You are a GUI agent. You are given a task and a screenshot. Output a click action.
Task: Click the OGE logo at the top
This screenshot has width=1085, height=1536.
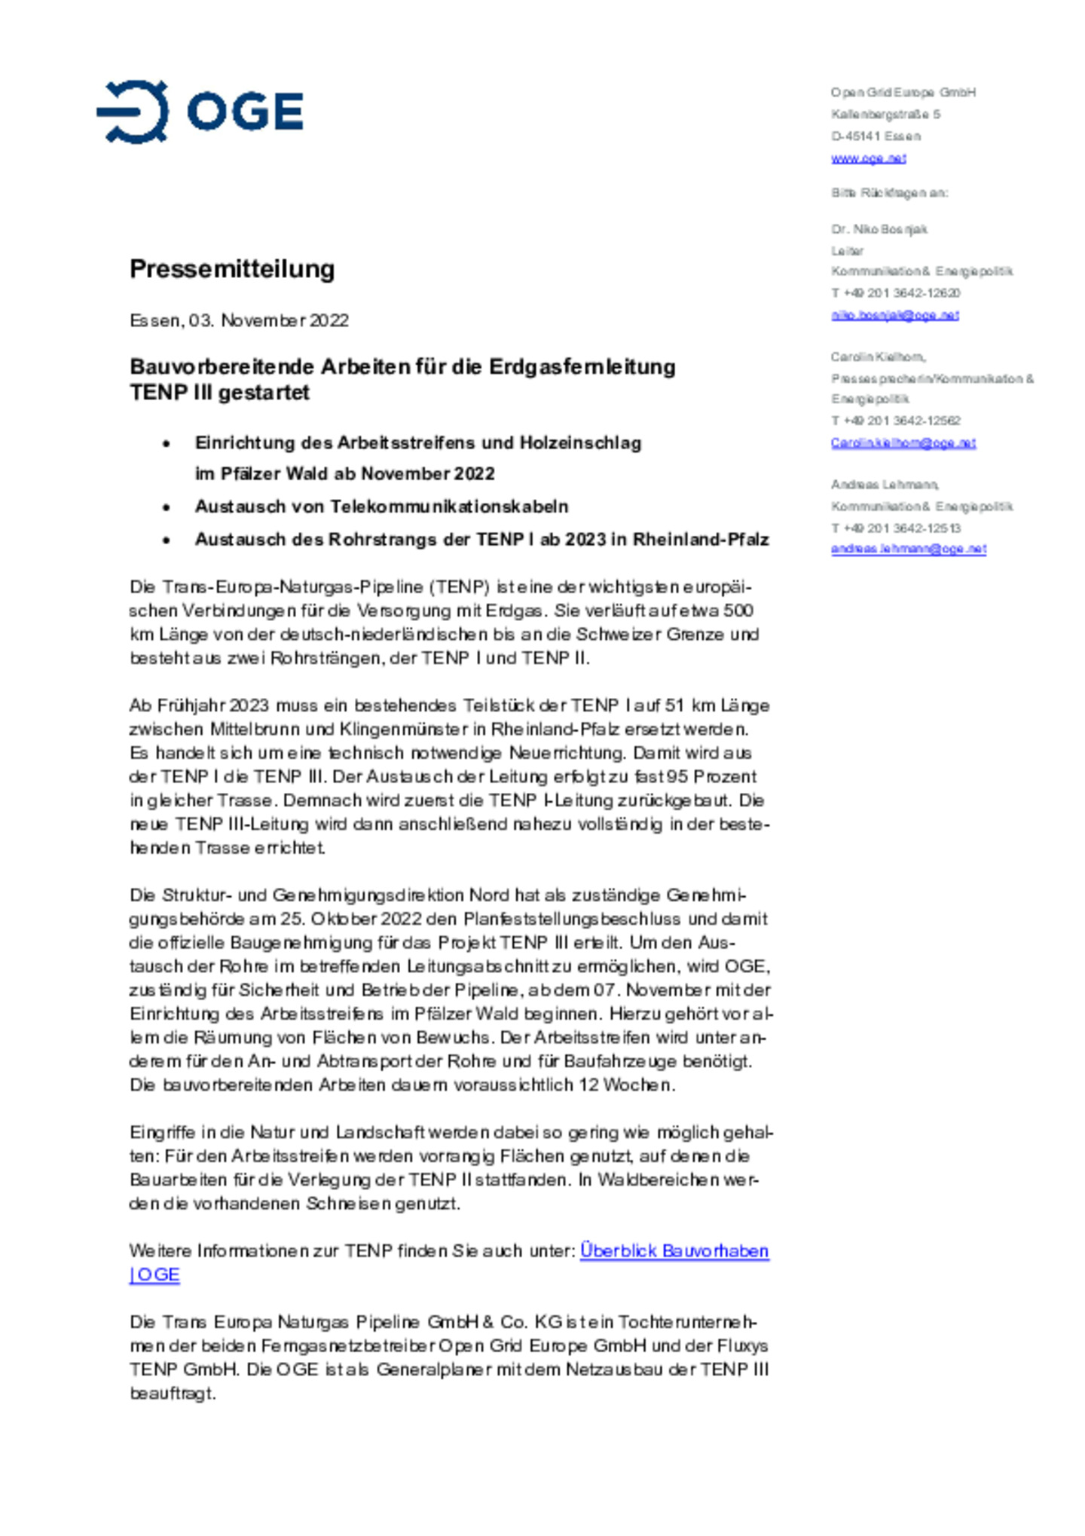pyautogui.click(x=200, y=112)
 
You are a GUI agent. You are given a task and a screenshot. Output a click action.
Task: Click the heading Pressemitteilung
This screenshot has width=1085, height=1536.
pyautogui.click(x=232, y=269)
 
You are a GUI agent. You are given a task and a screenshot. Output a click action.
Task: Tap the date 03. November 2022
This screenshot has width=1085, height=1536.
pyautogui.click(x=269, y=320)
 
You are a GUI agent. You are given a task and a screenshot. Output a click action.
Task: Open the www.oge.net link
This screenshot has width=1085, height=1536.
pyautogui.click(x=868, y=158)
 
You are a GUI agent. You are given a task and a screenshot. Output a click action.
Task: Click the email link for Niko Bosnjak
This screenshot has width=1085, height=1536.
pyautogui.click(x=894, y=315)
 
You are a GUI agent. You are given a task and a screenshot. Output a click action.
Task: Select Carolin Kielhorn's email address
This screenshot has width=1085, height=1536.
pyautogui.click(x=903, y=443)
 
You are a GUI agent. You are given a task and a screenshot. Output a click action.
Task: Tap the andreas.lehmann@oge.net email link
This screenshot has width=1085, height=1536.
pyautogui.click(x=908, y=549)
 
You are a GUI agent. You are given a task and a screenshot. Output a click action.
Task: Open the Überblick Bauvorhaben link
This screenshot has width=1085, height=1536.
pyautogui.click(x=674, y=1251)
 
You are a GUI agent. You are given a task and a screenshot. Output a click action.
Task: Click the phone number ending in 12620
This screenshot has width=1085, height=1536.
pyautogui.click(x=895, y=293)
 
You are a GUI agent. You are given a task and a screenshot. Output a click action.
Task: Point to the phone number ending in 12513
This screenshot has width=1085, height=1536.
pyautogui.click(x=895, y=528)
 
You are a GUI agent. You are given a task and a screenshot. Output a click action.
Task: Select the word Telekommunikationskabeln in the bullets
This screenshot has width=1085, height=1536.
pyautogui.click(x=449, y=506)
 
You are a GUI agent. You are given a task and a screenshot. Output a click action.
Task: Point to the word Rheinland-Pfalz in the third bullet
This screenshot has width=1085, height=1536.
pyautogui.click(x=701, y=540)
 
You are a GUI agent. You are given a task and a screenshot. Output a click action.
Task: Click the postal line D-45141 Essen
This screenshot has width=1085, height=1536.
pyautogui.click(x=876, y=136)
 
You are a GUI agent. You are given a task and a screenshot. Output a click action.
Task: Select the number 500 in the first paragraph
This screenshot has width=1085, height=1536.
pyautogui.click(x=738, y=610)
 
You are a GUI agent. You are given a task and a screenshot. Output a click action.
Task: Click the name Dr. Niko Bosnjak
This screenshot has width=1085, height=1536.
pyautogui.click(x=879, y=229)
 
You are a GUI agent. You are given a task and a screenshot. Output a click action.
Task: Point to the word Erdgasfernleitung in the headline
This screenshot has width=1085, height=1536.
pyautogui.click(x=582, y=367)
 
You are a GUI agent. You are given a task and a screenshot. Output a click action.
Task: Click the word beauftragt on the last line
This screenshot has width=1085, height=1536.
pyautogui.click(x=173, y=1394)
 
